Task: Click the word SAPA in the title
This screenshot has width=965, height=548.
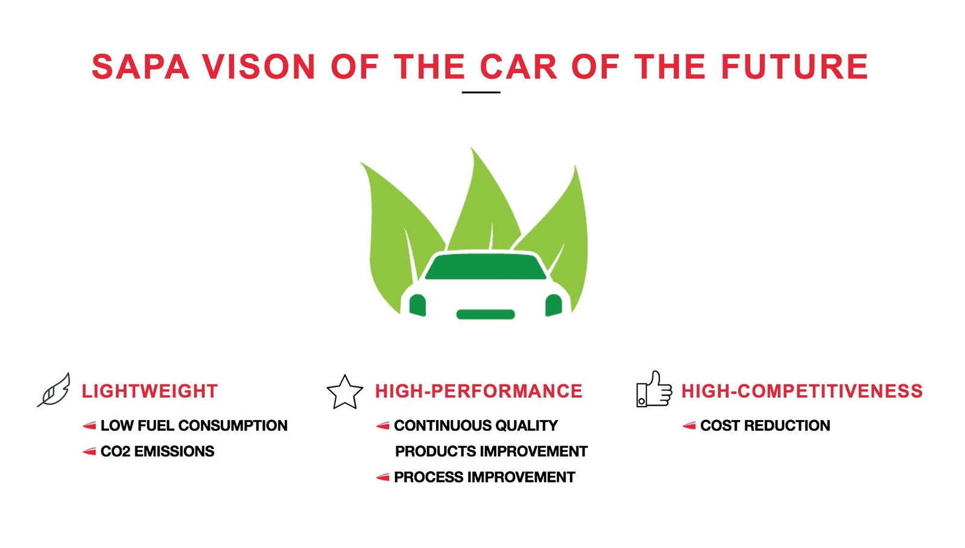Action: point(141,67)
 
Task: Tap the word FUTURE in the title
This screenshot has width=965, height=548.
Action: point(794,67)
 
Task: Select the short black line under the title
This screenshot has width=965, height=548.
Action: point(481,92)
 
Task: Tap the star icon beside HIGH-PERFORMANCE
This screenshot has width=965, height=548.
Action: point(344,392)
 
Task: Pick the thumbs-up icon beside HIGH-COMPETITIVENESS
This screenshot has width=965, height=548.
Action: point(654,389)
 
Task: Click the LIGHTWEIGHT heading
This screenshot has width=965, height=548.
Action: point(150,392)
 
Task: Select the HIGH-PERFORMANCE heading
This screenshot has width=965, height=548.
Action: point(479,392)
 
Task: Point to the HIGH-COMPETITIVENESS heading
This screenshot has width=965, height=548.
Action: point(802,392)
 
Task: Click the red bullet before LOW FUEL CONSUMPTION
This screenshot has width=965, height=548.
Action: point(89,426)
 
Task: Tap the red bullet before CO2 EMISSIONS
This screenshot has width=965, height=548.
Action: point(89,452)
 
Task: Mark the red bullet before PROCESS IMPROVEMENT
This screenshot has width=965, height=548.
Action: point(382,478)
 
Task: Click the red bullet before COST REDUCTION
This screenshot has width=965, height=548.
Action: point(689,426)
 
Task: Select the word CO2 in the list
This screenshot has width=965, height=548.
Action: point(115,451)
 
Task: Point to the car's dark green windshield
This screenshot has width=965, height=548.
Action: point(486,267)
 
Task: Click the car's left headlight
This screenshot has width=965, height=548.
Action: point(417,305)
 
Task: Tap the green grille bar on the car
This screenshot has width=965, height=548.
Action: point(486,314)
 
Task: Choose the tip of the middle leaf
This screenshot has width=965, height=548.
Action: point(471,148)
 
